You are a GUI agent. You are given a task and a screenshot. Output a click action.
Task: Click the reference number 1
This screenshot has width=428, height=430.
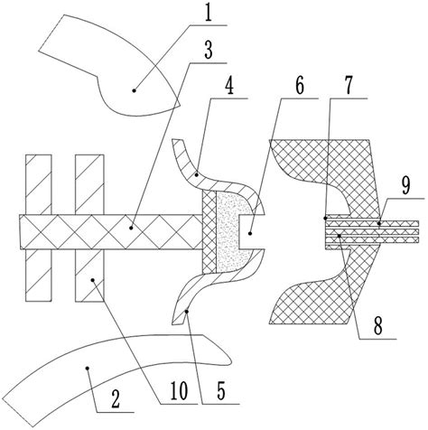click(x=208, y=12)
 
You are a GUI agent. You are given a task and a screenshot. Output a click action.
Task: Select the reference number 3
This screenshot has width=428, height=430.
click(x=209, y=50)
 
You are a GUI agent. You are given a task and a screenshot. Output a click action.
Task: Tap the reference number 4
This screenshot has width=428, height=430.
click(x=229, y=85)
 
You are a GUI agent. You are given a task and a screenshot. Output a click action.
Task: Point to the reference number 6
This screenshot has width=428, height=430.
click(x=299, y=85)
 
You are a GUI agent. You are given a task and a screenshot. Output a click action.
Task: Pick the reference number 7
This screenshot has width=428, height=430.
click(x=348, y=85)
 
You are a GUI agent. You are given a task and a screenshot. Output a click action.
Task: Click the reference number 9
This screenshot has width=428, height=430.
click(x=405, y=186)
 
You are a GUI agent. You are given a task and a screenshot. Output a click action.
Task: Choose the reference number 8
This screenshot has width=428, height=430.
click(x=377, y=326)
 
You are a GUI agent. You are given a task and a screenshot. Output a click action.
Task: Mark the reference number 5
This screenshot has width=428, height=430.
click(x=220, y=391)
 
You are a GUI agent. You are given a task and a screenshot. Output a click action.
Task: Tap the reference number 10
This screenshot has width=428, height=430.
click(x=179, y=391)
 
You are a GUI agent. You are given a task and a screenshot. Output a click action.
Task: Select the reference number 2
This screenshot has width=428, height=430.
click(x=116, y=399)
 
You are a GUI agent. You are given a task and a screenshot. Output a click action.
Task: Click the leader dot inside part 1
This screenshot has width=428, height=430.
click(x=135, y=90)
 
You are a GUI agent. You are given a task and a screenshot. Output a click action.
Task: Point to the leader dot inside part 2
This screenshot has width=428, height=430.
click(x=88, y=368)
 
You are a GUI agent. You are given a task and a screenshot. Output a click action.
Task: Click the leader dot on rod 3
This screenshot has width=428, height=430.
click(x=131, y=228)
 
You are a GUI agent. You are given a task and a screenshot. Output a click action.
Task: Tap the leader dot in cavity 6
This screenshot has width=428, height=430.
click(x=250, y=233)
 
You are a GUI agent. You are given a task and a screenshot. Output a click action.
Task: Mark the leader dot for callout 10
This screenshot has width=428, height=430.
click(x=93, y=280)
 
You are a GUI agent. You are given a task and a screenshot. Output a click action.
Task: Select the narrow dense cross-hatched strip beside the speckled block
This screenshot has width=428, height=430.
click(x=209, y=232)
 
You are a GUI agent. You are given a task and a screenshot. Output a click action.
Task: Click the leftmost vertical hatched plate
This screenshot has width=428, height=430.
click(x=39, y=228)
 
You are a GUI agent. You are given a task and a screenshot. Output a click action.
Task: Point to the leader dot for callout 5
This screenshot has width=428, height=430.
click(x=187, y=312)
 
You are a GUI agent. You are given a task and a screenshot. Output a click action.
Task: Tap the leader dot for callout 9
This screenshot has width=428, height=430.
click(x=379, y=223)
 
